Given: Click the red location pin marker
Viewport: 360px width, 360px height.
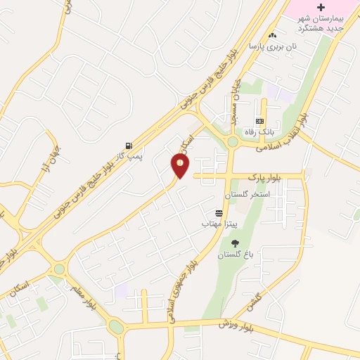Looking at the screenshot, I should [181, 165].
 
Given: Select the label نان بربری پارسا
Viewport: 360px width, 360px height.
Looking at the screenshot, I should [272, 46].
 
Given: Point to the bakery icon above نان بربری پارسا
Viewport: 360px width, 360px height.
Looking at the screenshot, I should [273, 34].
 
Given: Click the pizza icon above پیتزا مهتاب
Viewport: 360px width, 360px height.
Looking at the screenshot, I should [219, 212].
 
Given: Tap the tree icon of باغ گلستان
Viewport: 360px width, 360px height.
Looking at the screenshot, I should [235, 243].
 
